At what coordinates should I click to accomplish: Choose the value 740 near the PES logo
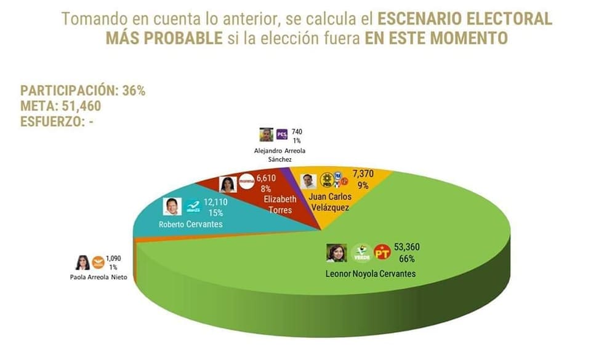pos(297,132)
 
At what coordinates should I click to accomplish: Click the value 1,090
pos(115,258)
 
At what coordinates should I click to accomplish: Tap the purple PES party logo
pos(282,134)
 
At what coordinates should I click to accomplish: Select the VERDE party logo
pos(361,253)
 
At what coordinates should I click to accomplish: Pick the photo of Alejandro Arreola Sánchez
pos(266,134)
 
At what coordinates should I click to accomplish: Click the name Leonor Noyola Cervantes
pos(371,273)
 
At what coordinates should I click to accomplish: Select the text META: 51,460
pos(60,106)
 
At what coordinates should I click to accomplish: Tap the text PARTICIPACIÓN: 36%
pos(82,91)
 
